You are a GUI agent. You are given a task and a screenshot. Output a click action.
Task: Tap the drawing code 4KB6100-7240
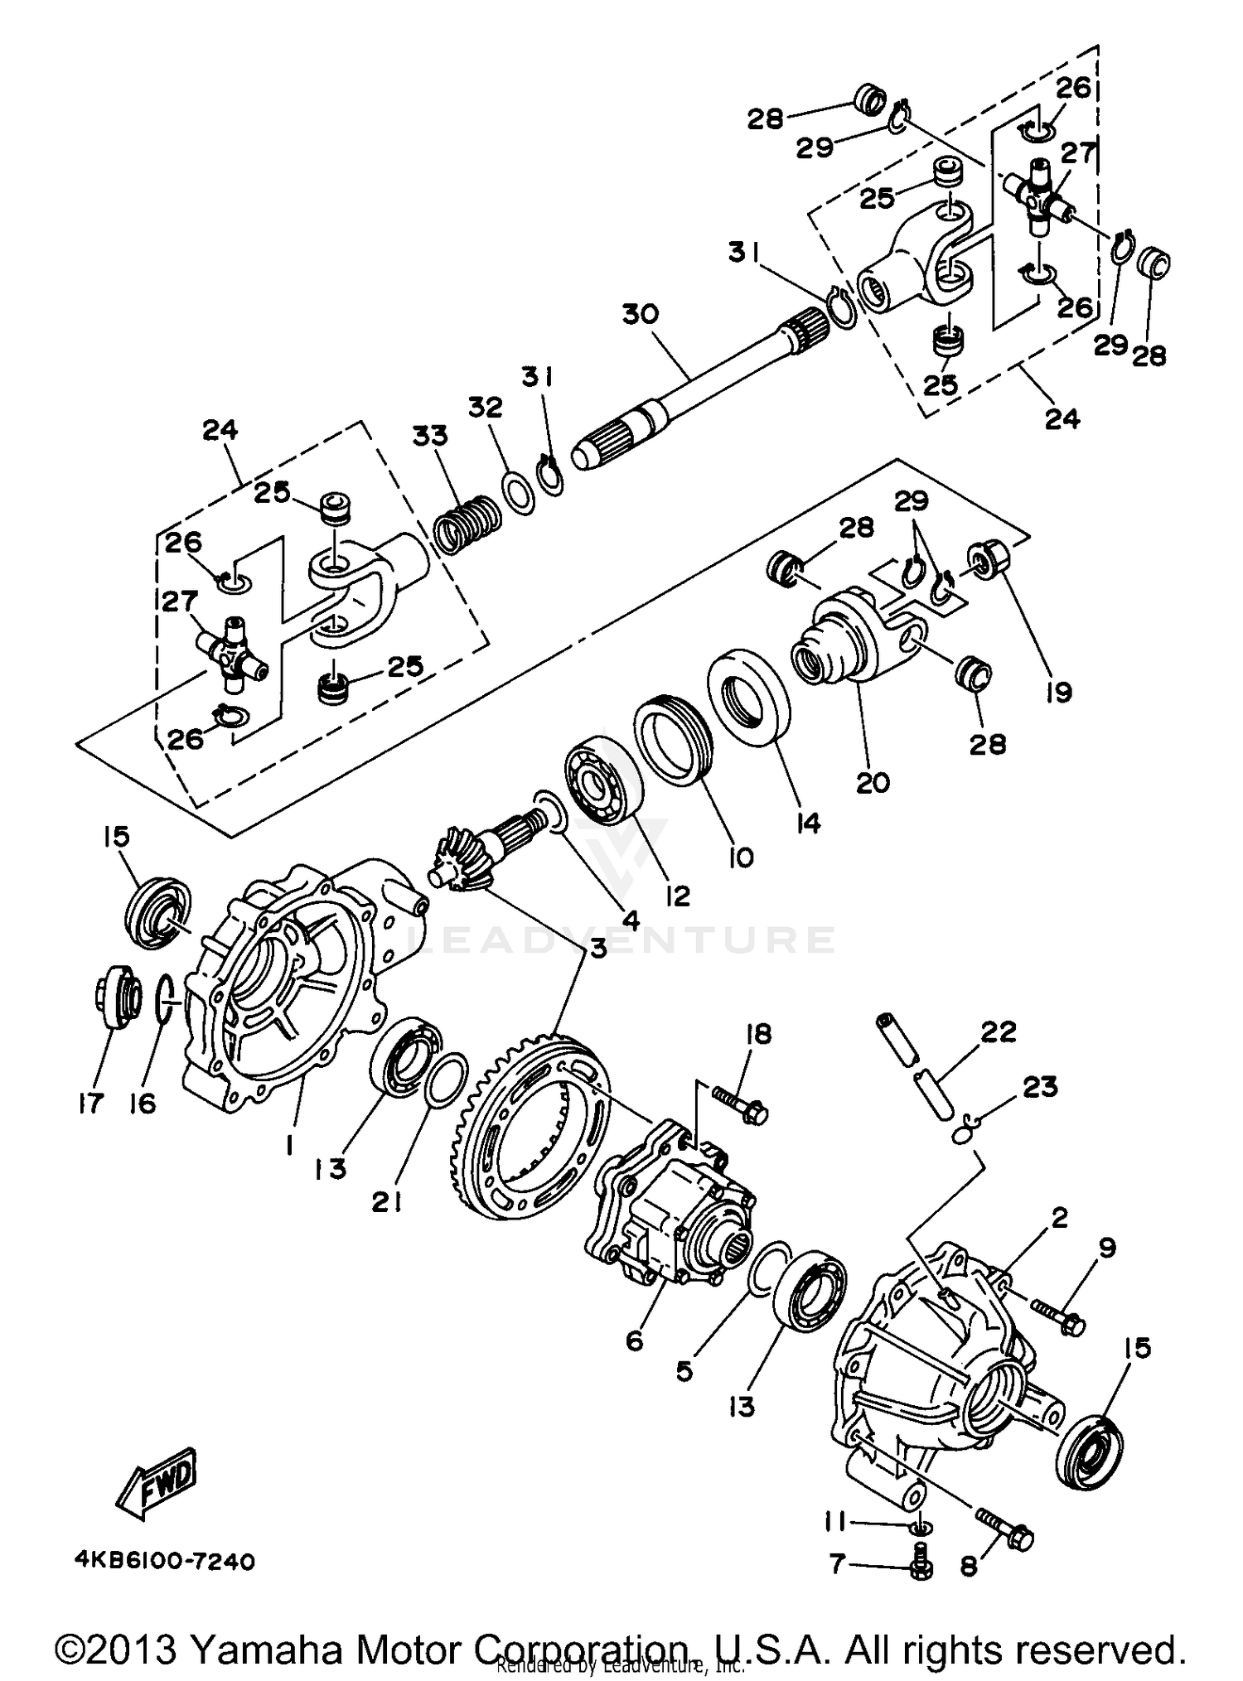164,1562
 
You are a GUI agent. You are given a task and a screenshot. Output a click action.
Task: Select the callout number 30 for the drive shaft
640,315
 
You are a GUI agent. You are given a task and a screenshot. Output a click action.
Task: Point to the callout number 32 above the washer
486,408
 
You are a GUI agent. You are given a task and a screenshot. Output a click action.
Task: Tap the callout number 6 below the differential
635,1340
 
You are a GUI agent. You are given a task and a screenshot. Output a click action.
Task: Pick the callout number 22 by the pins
998,1032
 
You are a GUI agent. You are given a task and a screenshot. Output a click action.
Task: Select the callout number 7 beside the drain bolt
837,1564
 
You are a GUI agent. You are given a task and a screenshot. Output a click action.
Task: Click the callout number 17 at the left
91,1103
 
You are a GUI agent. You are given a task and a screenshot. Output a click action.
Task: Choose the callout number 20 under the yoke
872,782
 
